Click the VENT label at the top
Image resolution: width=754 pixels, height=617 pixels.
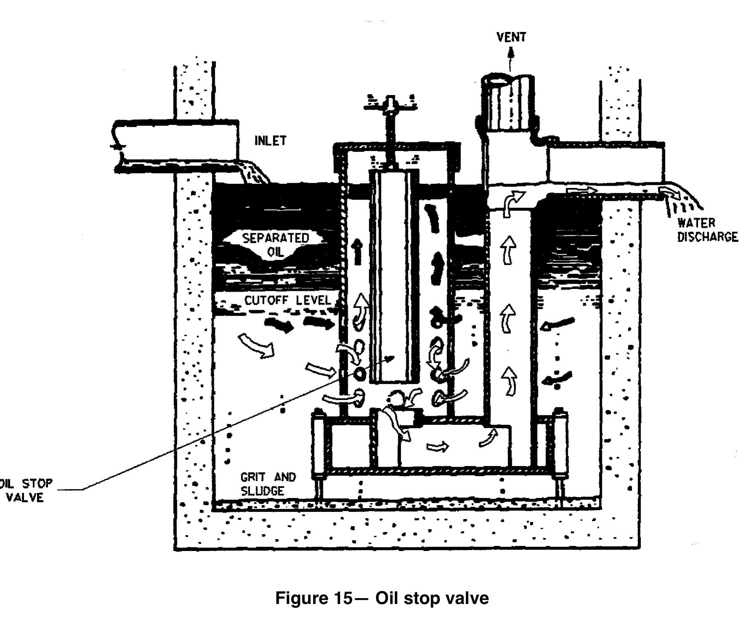(x=511, y=37)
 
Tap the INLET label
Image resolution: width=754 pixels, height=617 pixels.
(x=270, y=141)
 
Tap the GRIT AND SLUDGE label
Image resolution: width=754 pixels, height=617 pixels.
(x=268, y=483)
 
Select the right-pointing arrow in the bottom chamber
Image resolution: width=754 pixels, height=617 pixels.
(x=437, y=446)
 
